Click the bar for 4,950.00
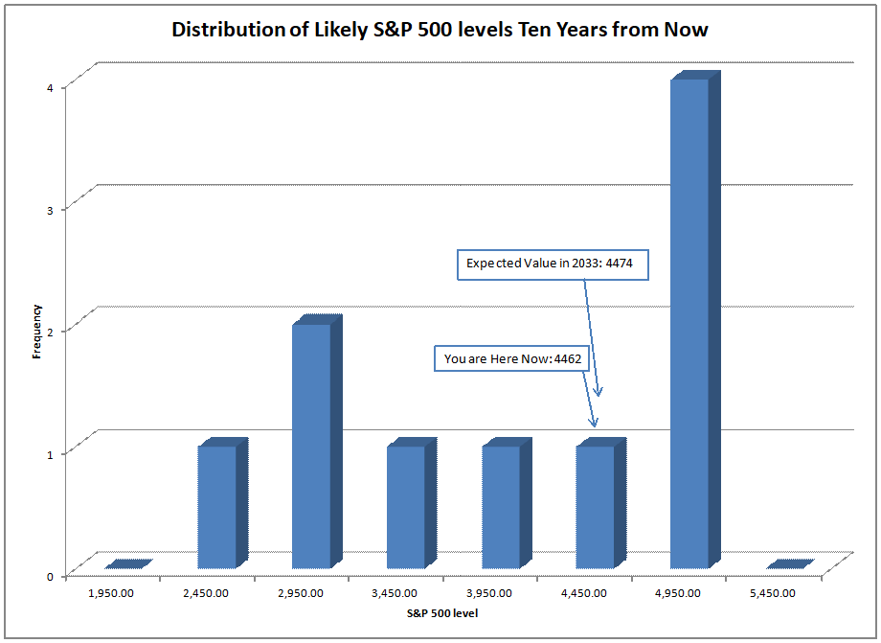[x=690, y=323]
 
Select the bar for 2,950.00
[x=312, y=446]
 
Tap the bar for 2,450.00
[x=217, y=507]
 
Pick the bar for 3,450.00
[x=407, y=507]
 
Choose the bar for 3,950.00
[x=502, y=507]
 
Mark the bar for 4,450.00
[x=596, y=507]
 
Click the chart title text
[x=440, y=30]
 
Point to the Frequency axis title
[x=36, y=331]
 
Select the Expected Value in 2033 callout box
[x=553, y=264]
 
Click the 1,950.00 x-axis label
[x=112, y=593]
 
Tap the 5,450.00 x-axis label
[x=773, y=593]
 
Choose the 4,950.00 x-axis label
[x=678, y=593]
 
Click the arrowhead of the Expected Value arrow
[x=599, y=392]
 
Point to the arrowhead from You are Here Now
[x=594, y=423]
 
